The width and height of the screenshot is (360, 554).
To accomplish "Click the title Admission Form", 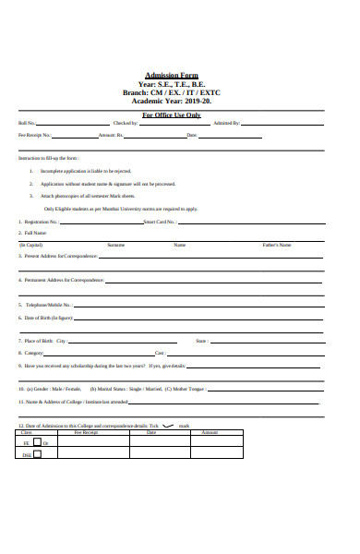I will click(171, 76).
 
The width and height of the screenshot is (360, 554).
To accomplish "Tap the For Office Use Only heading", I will click(171, 114).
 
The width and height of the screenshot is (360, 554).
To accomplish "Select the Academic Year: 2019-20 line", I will click(172, 101).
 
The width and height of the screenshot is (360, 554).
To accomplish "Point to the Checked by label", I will click(126, 123).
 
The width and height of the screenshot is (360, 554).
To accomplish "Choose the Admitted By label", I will click(226, 123).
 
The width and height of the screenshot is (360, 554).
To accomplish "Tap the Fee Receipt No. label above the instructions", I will click(35, 135).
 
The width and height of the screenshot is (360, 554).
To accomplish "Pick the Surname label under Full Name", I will click(115, 245).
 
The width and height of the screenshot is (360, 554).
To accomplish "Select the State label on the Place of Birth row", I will click(201, 341).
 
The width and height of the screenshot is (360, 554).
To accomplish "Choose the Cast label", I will click(160, 353).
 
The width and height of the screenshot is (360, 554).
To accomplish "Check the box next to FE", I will click(38, 443).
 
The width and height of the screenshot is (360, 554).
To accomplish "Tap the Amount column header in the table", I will click(210, 432).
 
